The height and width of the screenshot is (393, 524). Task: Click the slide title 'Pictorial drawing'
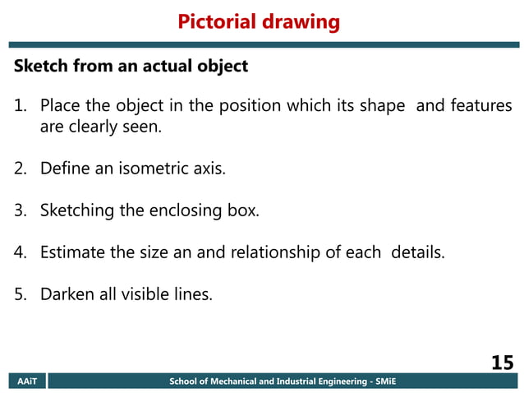tap(259, 21)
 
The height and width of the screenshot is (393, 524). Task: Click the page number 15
tap(502, 363)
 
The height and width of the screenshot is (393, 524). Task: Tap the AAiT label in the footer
tap(27, 382)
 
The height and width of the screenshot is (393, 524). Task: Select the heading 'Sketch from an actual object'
tap(131, 67)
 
